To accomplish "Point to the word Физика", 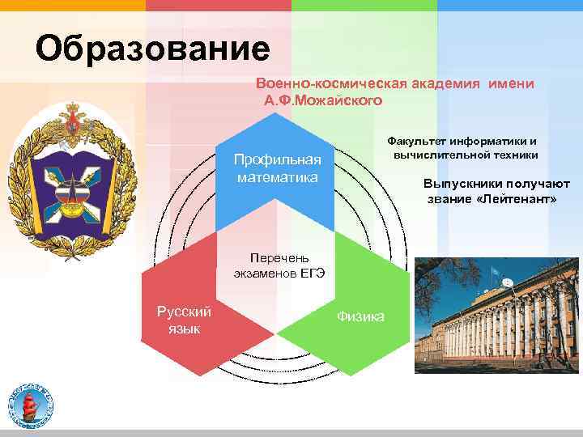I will click(x=360, y=316).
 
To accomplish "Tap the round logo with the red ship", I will click(x=31, y=405).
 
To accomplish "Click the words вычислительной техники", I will click(x=466, y=155).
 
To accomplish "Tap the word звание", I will click(x=451, y=198).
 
